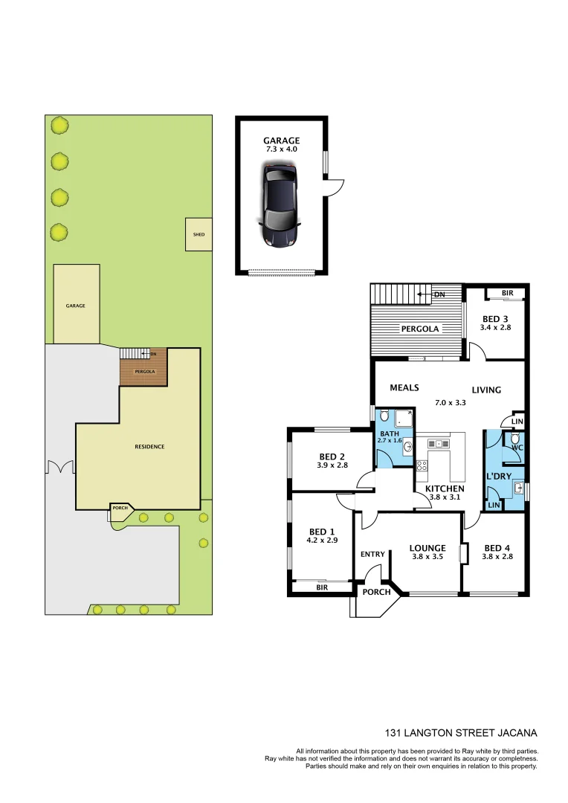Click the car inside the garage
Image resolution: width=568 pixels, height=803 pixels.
[x=280, y=206]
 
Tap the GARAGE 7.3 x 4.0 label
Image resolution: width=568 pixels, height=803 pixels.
[x=281, y=144]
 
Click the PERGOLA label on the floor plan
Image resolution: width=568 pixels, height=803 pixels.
[x=420, y=328]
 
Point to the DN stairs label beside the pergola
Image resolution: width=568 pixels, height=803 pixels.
[x=439, y=294]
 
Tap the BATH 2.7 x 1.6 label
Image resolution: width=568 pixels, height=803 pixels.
[x=391, y=436]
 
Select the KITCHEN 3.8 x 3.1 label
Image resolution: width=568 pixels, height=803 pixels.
[x=445, y=493]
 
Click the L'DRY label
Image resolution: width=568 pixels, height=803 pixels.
[x=497, y=476]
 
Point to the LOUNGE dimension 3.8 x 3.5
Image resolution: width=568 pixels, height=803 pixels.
[x=427, y=555]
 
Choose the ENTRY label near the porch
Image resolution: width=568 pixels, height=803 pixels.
[x=372, y=554]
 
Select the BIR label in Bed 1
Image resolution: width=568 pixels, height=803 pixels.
[x=321, y=587]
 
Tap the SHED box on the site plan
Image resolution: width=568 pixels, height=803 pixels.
[x=199, y=234]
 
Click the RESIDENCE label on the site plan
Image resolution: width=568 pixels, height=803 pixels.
[x=149, y=447]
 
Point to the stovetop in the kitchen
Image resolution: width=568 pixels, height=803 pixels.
[x=422, y=466]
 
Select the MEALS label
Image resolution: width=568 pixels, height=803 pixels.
[x=405, y=387]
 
